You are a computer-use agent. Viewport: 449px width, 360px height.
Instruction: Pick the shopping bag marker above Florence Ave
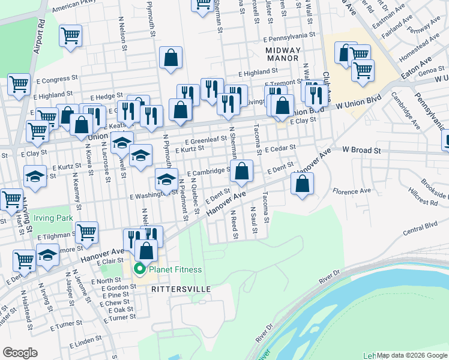[302, 184]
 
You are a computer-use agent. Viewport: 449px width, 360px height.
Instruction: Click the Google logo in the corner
[20, 353]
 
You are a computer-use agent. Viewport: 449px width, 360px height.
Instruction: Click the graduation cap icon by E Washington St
[166, 178]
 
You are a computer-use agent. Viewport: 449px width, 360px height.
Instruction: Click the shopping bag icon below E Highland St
[171, 58]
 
